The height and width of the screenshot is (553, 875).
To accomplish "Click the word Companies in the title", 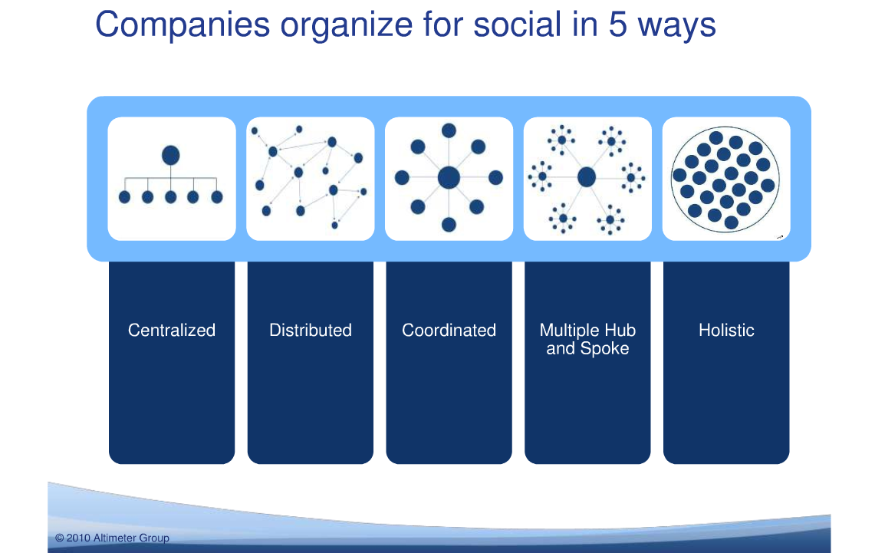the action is (183, 25).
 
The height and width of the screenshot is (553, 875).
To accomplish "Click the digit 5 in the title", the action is (618, 25).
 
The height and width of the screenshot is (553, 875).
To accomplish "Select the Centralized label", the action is (171, 331).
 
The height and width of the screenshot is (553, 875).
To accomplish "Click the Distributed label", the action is (311, 331).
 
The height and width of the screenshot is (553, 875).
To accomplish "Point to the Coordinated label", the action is (449, 331).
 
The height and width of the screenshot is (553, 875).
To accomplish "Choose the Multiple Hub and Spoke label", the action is (587, 339).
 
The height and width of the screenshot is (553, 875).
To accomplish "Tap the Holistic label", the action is (726, 331).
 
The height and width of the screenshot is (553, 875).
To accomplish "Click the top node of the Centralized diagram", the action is (171, 155).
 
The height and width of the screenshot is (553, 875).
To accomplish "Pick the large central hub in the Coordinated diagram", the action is (449, 178).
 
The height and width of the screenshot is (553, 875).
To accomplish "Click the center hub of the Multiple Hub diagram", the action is (587, 177).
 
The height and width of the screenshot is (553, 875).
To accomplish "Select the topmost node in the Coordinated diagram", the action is (449, 130).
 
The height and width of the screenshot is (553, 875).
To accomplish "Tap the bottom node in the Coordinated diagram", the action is (449, 225).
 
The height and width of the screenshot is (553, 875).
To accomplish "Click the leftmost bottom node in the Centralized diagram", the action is (124, 197).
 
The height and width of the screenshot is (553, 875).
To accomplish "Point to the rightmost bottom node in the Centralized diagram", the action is (217, 197).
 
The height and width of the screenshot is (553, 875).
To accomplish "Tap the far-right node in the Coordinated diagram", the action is (495, 177).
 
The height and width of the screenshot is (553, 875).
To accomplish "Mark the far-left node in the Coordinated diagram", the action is (402, 178).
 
